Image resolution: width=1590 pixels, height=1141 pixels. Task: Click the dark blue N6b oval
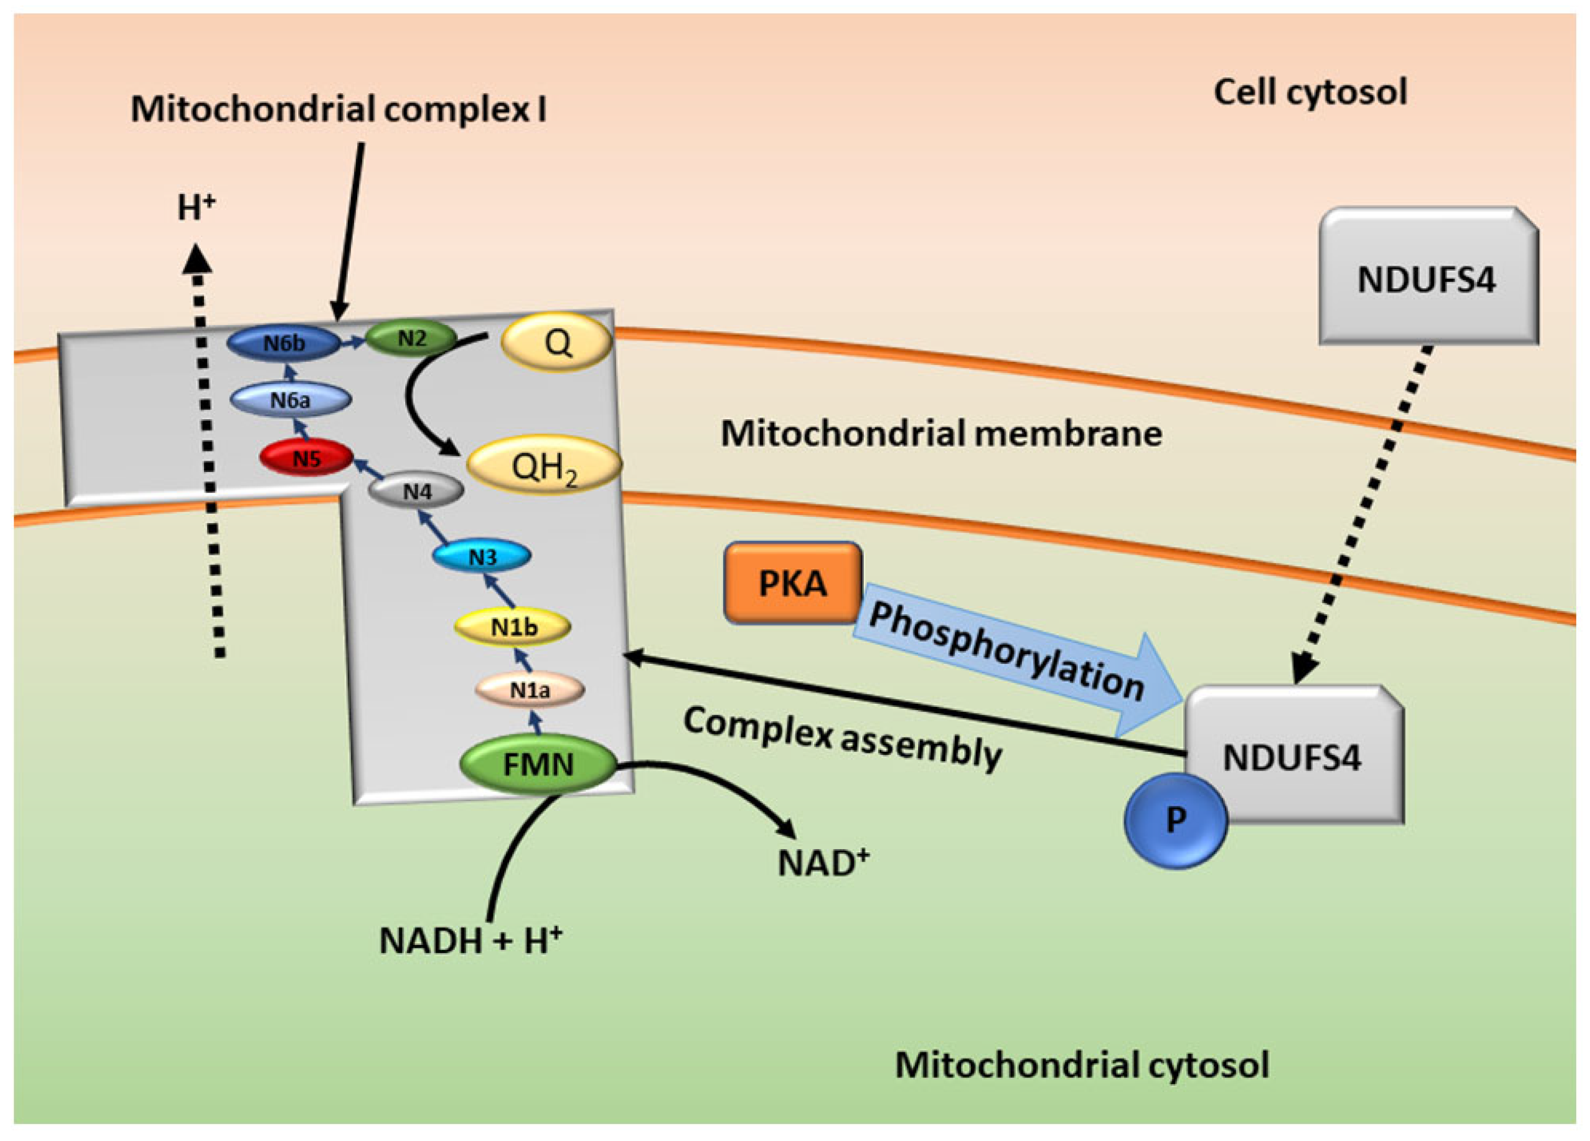tap(283, 343)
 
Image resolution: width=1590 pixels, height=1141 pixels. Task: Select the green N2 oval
tap(412, 339)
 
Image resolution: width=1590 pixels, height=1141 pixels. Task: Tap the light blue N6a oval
tap(290, 400)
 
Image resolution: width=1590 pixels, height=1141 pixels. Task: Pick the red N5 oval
tap(306, 458)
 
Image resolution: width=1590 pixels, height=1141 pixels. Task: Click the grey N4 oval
tap(416, 491)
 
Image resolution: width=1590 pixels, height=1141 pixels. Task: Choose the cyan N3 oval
tap(482, 556)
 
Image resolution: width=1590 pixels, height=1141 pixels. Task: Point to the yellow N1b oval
tap(512, 626)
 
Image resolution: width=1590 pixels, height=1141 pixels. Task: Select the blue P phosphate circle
tap(1176, 821)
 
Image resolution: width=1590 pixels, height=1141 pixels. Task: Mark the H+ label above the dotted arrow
tap(196, 208)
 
